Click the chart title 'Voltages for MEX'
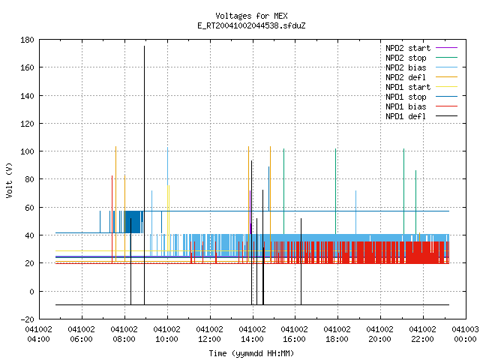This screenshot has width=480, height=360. coord(251,16)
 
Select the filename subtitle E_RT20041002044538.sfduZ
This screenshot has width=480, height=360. coord(251,25)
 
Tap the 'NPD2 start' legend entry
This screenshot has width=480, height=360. coord(421,48)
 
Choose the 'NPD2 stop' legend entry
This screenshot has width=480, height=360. coord(421,58)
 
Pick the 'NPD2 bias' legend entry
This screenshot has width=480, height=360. coord(421,67)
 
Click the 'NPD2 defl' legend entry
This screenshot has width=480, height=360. coord(421,77)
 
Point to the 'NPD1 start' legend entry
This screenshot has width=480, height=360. coord(421,87)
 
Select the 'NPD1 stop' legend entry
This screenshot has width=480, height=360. coord(421,97)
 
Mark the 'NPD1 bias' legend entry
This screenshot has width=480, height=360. coord(421,106)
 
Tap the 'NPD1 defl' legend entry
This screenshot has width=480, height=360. coord(421,117)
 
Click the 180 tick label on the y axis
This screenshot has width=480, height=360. coord(27,40)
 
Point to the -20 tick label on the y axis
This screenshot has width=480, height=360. coord(27,319)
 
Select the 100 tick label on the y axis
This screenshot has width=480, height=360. coord(27,151)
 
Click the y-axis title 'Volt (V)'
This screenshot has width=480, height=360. coord(10,180)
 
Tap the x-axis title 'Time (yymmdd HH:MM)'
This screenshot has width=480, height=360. coord(251,353)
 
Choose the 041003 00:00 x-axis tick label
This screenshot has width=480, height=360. coord(465,334)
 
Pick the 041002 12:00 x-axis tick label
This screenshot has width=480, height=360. coord(209,334)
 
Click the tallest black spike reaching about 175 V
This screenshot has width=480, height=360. coord(145,175)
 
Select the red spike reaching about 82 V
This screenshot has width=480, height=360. coord(112,219)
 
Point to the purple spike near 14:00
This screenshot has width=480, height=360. coord(250,212)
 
